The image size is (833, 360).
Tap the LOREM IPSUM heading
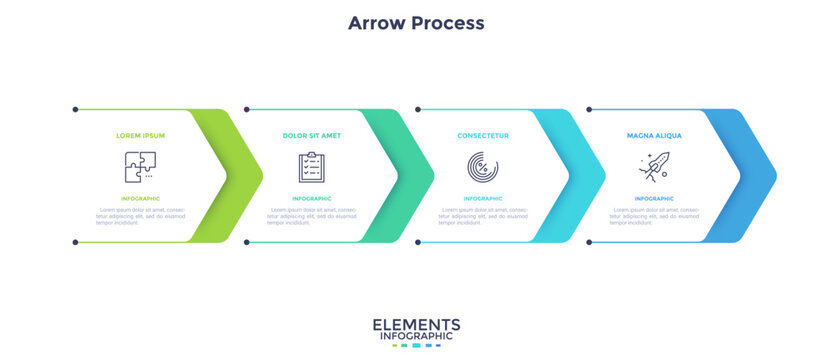pos(141,135)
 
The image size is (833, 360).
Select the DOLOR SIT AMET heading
pos(312,135)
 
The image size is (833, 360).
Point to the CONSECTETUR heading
pos(483,135)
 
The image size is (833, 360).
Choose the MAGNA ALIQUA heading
pos(654,135)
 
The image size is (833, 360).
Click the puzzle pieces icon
pos(140,166)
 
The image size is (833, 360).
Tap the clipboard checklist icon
pos(312,166)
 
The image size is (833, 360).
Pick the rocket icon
pos(654,166)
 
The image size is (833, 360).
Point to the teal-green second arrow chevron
pos(414,176)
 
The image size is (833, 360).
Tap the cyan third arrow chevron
pos(585,176)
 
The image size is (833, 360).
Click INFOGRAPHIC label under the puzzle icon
pos(141,199)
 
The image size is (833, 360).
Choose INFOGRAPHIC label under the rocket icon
pos(654,199)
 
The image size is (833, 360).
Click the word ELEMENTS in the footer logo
pos(416,324)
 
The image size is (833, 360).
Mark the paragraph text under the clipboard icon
pos(312,216)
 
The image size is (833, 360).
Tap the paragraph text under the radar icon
pos(483,216)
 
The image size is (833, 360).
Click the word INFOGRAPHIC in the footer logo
pos(416,337)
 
